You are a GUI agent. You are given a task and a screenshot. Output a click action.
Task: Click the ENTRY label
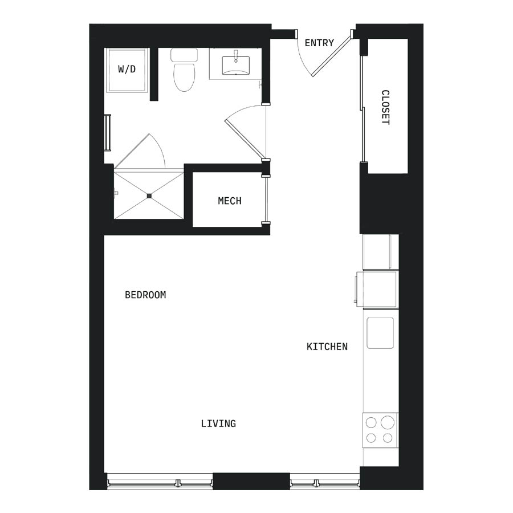(x=319, y=43)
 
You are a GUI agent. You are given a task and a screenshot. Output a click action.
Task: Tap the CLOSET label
(x=386, y=107)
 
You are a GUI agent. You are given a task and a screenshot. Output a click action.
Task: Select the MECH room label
(x=230, y=201)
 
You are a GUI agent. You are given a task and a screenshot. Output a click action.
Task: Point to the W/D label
(x=127, y=70)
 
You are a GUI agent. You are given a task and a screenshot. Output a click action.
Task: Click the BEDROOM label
(x=145, y=295)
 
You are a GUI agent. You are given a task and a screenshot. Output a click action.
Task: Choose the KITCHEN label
(x=327, y=347)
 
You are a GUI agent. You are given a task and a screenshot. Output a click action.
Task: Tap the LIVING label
(x=218, y=424)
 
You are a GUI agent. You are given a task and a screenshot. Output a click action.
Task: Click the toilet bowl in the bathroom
(x=184, y=76)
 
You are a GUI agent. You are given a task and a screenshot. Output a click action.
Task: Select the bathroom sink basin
(x=235, y=66)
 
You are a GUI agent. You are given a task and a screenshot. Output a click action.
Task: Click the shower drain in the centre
(x=149, y=196)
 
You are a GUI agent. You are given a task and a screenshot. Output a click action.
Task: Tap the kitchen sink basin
(x=380, y=333)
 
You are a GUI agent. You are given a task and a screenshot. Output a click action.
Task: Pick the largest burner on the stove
(x=388, y=422)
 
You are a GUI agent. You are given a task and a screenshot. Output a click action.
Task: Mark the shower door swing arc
(x=158, y=149)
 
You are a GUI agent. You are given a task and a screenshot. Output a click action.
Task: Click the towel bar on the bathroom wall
(x=108, y=132)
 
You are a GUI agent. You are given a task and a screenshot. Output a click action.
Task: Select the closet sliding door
(x=362, y=109)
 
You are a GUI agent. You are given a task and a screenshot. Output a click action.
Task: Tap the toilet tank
(x=184, y=55)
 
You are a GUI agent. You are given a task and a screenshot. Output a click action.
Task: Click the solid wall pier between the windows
(x=251, y=481)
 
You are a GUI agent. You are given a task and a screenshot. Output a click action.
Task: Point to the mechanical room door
(x=267, y=199)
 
